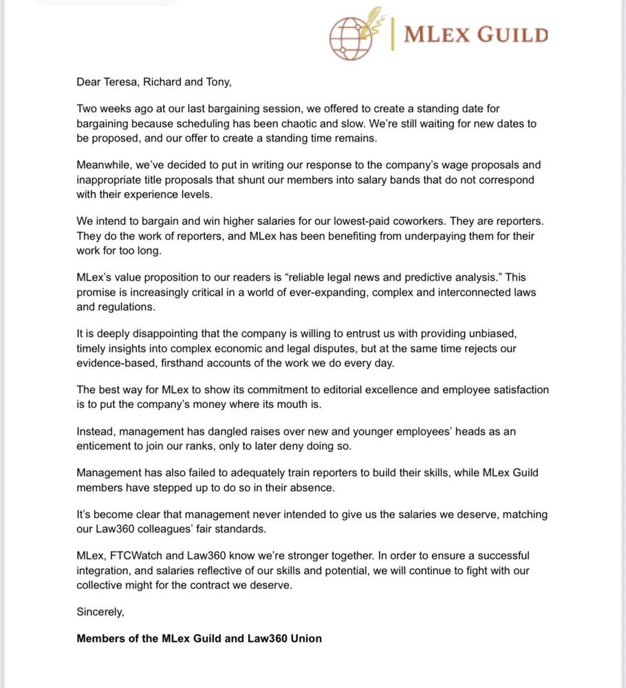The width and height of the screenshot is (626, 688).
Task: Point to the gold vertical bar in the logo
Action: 393,34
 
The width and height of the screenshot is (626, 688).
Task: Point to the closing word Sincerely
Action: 100,611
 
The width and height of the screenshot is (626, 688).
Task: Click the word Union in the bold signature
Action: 306,638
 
